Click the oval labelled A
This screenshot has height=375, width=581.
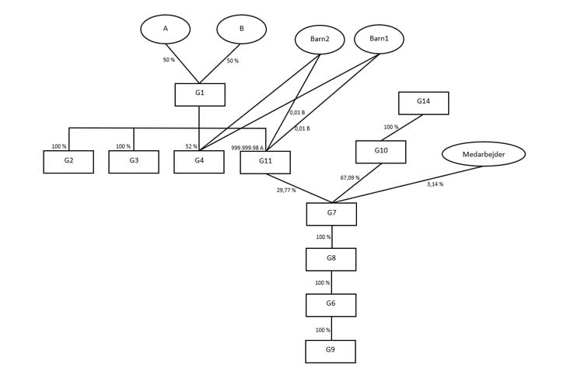point(165,30)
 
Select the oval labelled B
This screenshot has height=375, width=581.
point(241,30)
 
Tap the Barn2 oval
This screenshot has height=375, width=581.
point(320,40)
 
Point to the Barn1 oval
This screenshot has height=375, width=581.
point(379,39)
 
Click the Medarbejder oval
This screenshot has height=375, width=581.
point(483,154)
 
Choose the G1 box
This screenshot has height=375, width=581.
point(200,94)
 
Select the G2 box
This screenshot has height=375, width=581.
point(68,162)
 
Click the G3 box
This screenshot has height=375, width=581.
point(134,162)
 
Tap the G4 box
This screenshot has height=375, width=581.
point(199,162)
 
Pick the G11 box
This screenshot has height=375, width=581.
point(265,163)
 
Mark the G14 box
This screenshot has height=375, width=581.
point(423,103)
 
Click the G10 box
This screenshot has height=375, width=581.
point(380,152)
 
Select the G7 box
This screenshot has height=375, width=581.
point(331,214)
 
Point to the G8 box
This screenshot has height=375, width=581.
point(331,259)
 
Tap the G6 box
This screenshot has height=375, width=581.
point(331,305)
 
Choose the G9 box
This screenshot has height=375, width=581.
point(330,351)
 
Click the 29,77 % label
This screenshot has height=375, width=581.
point(286,190)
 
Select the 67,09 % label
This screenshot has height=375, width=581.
point(350,178)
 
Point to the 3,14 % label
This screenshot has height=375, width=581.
point(435,184)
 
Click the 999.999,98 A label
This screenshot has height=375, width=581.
point(247,148)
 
